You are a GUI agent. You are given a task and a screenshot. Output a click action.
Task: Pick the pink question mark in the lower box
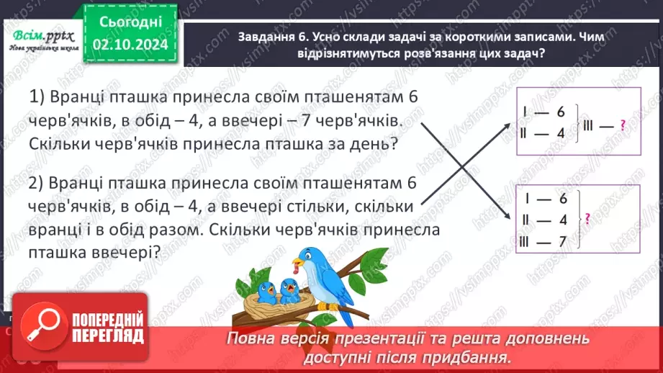coord(587,219)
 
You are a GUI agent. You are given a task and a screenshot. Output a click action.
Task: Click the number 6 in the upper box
coord(562,111)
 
